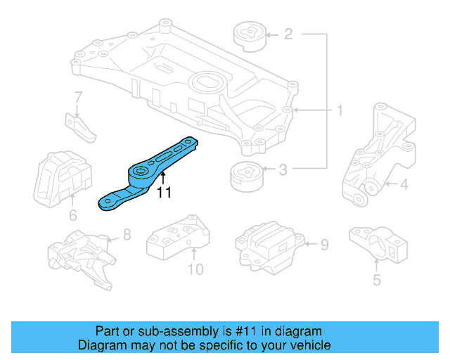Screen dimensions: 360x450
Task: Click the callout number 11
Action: click(x=163, y=191)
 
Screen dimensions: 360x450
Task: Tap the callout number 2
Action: click(x=288, y=33)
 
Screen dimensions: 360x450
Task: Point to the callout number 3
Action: click(x=283, y=169)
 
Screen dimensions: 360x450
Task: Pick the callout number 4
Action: click(x=404, y=186)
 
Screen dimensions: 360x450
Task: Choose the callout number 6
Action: click(x=72, y=216)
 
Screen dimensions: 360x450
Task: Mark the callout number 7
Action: click(x=78, y=97)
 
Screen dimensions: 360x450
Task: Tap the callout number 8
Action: click(x=127, y=235)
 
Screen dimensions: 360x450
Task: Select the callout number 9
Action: click(x=324, y=245)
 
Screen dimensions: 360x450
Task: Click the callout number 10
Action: click(x=195, y=269)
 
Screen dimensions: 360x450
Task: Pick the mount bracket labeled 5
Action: click(x=378, y=244)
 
